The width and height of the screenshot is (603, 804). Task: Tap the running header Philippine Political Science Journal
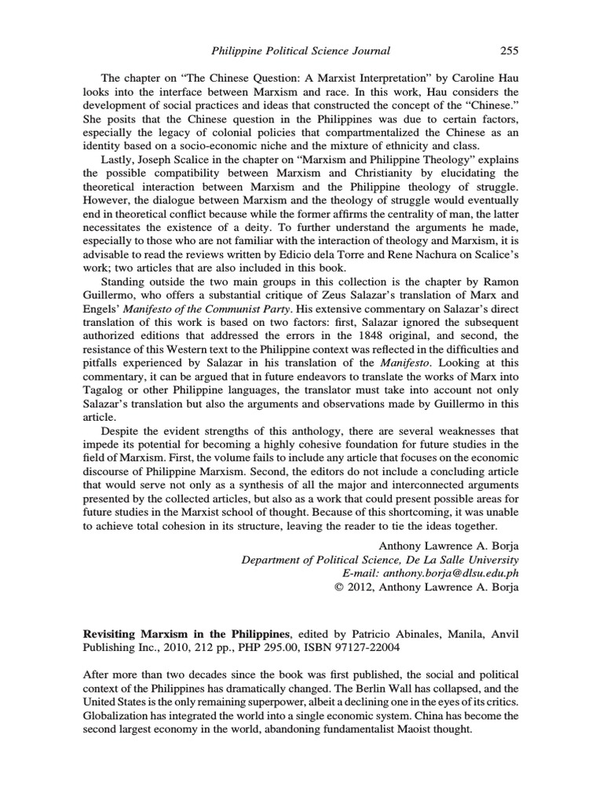(x=301, y=51)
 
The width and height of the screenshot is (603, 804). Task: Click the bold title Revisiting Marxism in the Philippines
(x=186, y=632)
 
